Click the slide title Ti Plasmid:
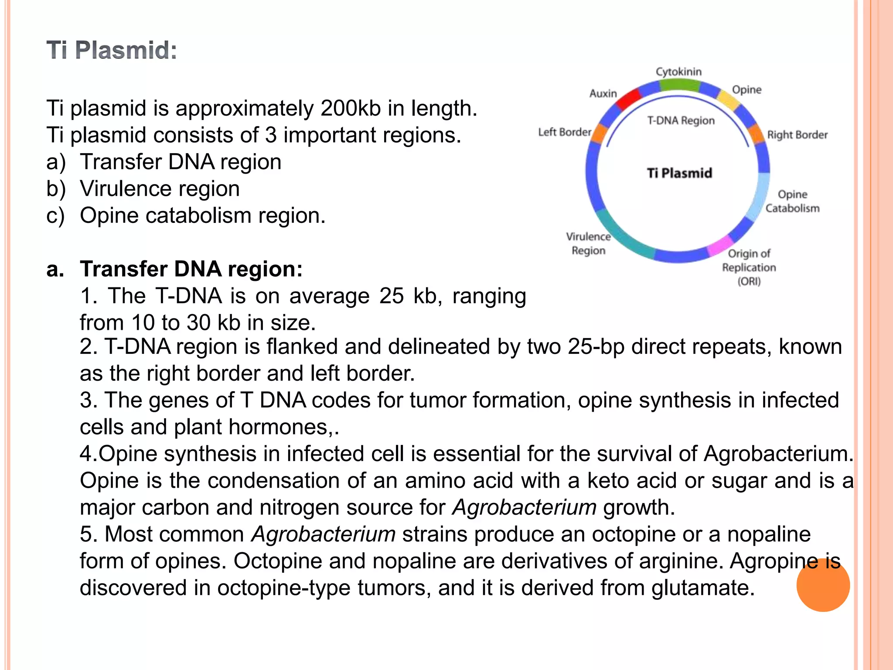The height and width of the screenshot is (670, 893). [112, 50]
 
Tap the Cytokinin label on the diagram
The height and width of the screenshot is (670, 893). [678, 72]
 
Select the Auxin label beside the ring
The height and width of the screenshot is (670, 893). [603, 93]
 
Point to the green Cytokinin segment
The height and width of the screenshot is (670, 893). [679, 84]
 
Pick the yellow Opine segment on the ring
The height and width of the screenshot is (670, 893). [729, 99]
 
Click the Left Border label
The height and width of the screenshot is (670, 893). [565, 132]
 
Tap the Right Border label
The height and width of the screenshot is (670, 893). [797, 135]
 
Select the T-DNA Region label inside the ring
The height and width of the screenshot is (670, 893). [681, 120]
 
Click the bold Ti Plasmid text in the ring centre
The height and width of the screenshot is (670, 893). [679, 173]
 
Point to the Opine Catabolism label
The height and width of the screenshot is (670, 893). [792, 201]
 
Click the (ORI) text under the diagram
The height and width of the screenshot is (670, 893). [749, 281]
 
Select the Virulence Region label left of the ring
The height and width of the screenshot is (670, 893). [588, 243]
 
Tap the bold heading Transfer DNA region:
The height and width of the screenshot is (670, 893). [191, 269]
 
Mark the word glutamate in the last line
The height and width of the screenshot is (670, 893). [703, 588]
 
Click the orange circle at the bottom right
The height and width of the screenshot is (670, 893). [823, 585]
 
